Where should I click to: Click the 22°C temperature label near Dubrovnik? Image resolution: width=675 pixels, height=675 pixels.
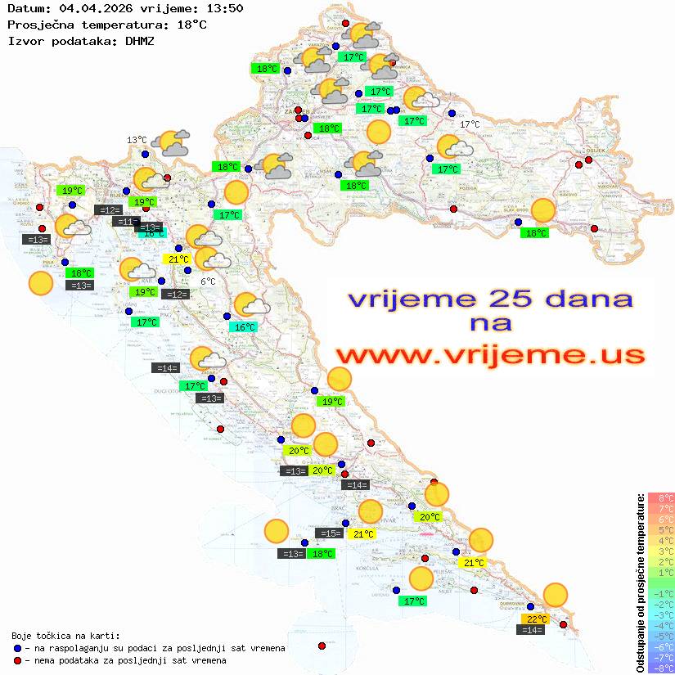[536, 619]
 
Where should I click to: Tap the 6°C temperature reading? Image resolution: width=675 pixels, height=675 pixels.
[208, 281]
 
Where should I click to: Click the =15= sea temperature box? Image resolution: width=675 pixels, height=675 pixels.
[329, 533]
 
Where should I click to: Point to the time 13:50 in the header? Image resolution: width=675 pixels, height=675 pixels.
[225, 9]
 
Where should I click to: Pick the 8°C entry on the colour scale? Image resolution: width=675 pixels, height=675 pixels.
[661, 497]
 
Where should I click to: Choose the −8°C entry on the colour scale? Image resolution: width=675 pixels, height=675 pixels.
[660, 668]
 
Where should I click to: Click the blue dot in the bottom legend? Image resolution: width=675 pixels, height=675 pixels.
[17, 648]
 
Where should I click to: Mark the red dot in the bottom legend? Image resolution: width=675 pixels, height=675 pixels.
[17, 660]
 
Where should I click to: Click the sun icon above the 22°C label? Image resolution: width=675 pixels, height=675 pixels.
[556, 595]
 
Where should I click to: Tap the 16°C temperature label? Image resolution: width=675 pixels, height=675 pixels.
[244, 327]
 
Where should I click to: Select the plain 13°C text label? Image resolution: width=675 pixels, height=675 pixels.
[137, 140]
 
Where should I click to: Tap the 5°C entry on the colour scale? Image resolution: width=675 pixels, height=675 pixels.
[661, 529]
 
